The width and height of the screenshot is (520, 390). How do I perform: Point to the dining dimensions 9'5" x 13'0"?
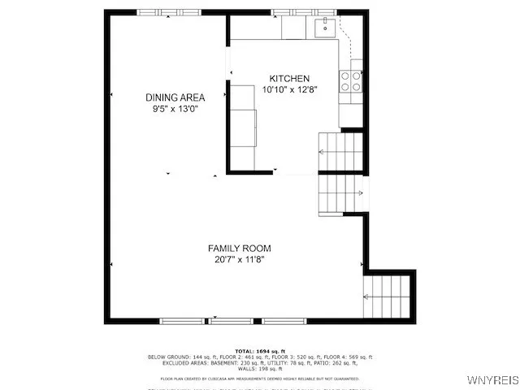pos(175,108)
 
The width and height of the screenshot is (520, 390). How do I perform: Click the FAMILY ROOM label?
pos(239,249)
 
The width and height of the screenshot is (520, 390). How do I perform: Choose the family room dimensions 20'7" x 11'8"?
pos(239,260)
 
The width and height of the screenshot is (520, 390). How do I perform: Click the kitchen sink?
pos(324,28)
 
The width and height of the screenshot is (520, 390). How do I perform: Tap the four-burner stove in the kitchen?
pos(350,81)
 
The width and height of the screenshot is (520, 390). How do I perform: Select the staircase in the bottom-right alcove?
pos(388,297)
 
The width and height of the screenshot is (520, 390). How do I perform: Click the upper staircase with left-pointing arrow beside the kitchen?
pos(339,152)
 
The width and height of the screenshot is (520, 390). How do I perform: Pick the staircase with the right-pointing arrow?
pos(340,193)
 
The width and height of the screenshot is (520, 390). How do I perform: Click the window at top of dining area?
pos(158,12)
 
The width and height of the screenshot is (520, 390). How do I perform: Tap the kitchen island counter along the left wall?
pos(243,126)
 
